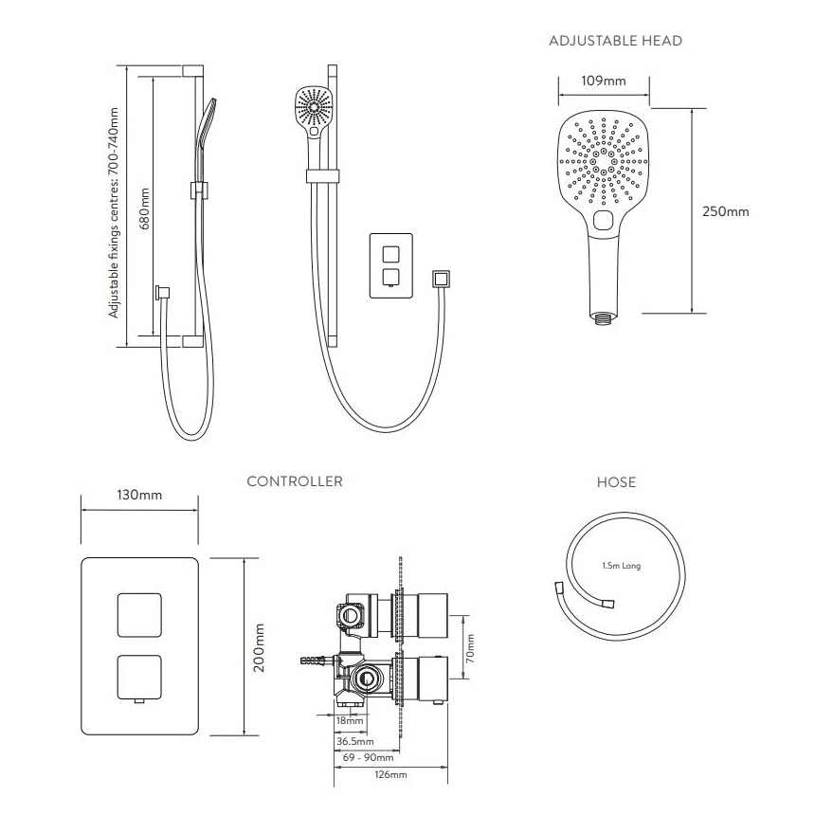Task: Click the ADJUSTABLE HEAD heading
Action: (x=615, y=41)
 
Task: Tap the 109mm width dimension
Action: (x=603, y=81)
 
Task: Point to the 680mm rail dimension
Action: (x=145, y=212)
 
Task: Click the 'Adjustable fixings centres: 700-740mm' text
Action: (x=115, y=212)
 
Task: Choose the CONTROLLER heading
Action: (x=295, y=481)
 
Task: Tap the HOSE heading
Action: (x=616, y=482)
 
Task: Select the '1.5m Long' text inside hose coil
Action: (x=622, y=566)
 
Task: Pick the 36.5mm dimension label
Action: (x=355, y=740)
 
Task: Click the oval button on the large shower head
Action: (x=603, y=220)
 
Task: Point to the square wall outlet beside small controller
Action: (x=439, y=280)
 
